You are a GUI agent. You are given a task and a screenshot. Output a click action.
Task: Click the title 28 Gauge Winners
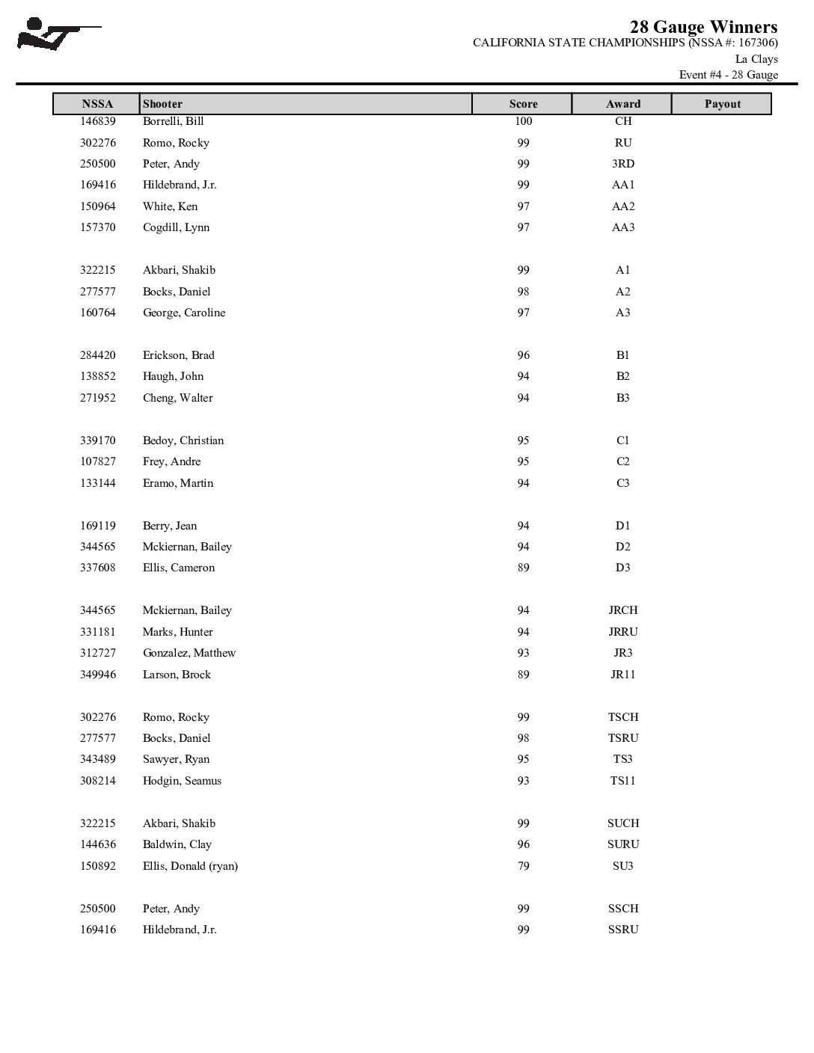coord(703,27)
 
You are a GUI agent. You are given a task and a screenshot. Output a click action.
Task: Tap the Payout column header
coord(722,104)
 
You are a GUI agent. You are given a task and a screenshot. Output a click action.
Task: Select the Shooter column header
coord(162,104)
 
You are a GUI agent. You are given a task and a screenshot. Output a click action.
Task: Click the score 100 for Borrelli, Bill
coord(523,121)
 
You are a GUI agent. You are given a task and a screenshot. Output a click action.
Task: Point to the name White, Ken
coord(170,206)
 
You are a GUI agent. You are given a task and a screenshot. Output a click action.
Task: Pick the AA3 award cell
coord(622,227)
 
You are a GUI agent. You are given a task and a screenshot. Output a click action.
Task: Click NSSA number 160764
coord(98,313)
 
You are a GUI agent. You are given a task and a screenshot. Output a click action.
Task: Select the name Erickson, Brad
coord(178,355)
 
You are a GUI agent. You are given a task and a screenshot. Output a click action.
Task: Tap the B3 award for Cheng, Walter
coord(622,398)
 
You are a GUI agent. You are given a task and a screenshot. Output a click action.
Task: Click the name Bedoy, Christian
coord(183,440)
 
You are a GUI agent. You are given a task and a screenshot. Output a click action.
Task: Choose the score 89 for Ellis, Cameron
coord(523,568)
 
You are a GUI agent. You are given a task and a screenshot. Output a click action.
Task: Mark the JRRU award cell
coord(622,632)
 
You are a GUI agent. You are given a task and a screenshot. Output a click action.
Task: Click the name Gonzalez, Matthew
coord(189,653)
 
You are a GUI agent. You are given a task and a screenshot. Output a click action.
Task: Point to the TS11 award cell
coord(622,781)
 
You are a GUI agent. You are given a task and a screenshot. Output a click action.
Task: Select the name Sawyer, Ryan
coord(176,759)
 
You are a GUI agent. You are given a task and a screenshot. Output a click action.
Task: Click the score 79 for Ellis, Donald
coord(523,866)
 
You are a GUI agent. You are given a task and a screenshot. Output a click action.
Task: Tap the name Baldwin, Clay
coord(177,844)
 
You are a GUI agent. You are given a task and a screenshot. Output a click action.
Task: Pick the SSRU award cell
coord(622,930)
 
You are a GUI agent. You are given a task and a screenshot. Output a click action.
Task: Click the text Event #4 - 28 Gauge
coord(728,75)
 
